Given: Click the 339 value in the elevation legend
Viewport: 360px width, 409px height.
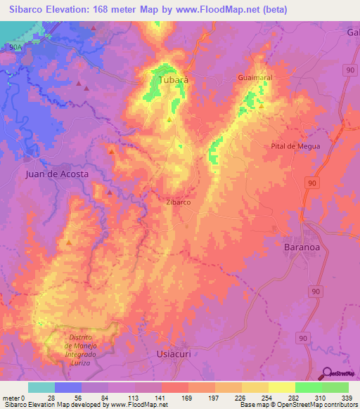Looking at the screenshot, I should tap(347, 397).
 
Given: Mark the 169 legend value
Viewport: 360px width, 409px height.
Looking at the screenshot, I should tap(188, 397).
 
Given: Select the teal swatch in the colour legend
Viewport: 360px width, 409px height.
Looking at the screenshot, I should tap(41, 387).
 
